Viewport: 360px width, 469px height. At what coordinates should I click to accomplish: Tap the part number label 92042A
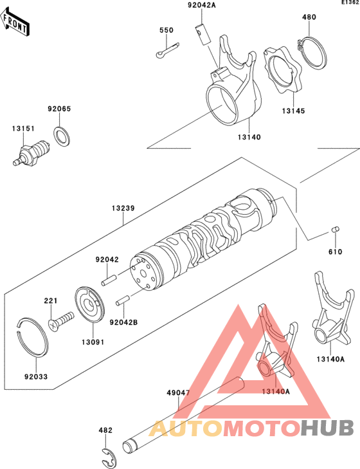[203, 6]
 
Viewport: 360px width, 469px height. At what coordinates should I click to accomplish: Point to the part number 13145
[292, 111]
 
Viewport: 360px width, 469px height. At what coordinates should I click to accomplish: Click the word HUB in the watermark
[327, 427]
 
